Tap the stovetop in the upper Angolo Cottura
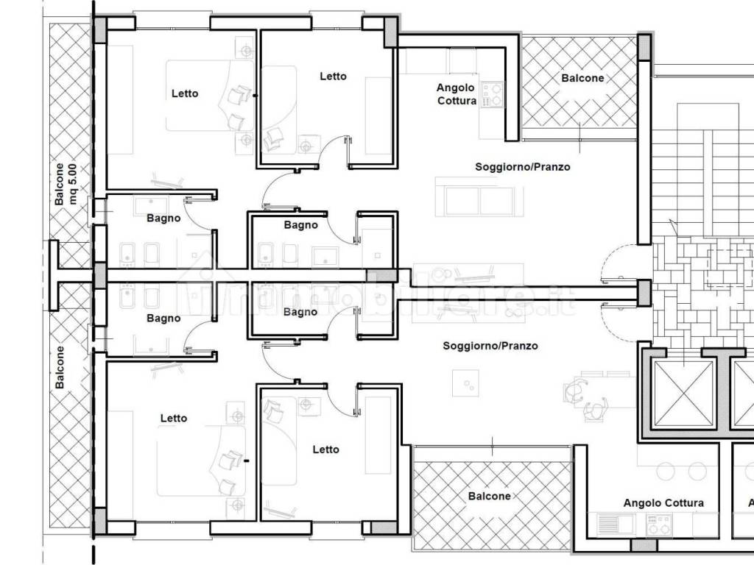click(492, 95)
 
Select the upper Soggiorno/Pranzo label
click(523, 167)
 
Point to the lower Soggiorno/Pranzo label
click(490, 346)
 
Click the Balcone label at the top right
click(582, 78)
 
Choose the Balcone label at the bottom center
click(490, 496)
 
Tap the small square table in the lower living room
click(465, 383)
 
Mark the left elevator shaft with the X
click(683, 394)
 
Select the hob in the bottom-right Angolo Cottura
click(659, 524)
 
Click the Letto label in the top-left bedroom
click(185, 93)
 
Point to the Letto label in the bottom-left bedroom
click(174, 418)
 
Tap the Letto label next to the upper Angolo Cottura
click(333, 76)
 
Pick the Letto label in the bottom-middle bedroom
click(325, 449)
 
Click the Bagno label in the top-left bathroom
click(163, 218)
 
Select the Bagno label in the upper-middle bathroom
click(300, 225)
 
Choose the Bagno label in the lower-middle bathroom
click(300, 312)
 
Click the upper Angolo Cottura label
click(457, 94)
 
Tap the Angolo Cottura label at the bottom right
click(663, 503)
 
